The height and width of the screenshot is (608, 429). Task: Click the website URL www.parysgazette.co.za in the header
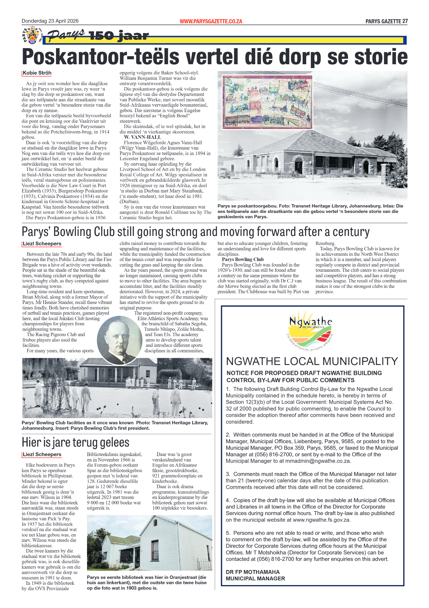pos(211,21)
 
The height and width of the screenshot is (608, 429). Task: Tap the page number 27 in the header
pos(405,21)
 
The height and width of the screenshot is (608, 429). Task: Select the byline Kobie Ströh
pos(37,73)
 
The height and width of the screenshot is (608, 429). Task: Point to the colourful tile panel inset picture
pos(267,102)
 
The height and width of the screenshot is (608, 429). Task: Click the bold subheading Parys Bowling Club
pos(242,259)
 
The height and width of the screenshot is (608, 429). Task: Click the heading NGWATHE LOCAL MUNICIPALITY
pos(312,361)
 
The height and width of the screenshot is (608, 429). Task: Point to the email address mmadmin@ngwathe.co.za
pos(317,461)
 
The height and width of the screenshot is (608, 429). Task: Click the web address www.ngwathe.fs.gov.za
pos(321,520)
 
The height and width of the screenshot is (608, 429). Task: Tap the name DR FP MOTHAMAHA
pos(252,572)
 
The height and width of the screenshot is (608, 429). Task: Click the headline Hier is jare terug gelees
pos(75,442)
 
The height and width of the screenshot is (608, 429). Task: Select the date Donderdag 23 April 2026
pos(50,21)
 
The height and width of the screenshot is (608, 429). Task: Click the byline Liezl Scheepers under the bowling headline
pos(42,244)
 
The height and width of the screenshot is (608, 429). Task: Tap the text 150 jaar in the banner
pos(119,36)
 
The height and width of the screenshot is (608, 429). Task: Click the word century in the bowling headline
pos(351,232)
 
